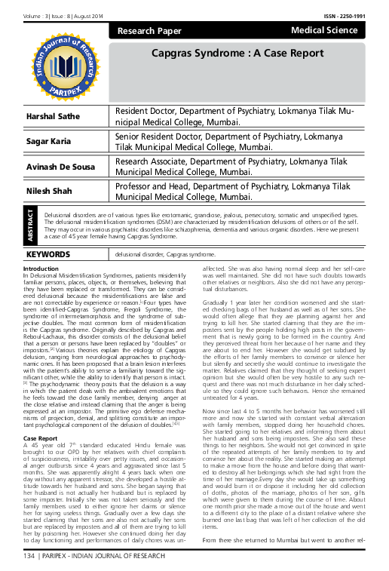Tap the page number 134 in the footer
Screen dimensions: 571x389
(x=29, y=557)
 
